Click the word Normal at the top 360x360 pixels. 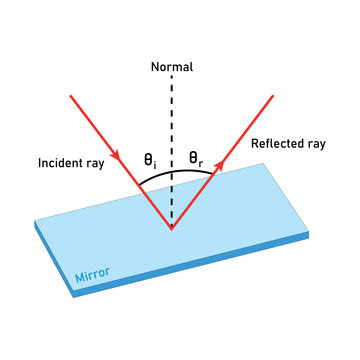[171, 68]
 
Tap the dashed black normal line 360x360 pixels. [171, 120]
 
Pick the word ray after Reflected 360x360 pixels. [316, 144]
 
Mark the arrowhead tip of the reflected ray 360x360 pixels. [273, 96]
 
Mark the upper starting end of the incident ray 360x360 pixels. [70, 96]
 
